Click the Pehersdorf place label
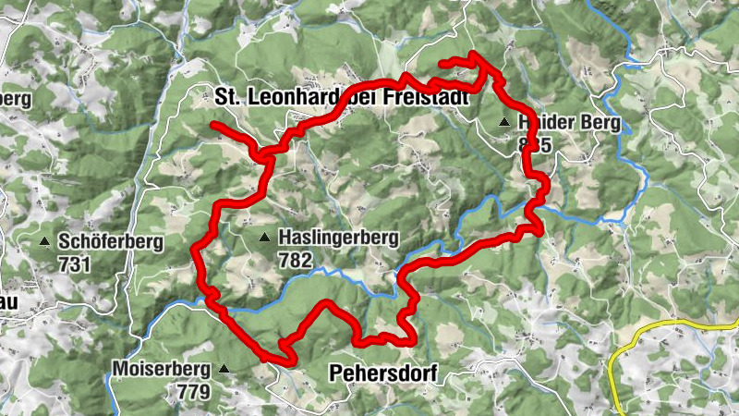[382, 373]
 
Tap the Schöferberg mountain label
[110, 243]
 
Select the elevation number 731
[74, 263]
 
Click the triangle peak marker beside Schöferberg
[44, 243]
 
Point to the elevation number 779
[192, 390]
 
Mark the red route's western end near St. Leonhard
[213, 124]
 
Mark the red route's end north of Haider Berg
[441, 63]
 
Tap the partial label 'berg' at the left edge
[17, 99]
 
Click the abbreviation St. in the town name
[229, 97]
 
